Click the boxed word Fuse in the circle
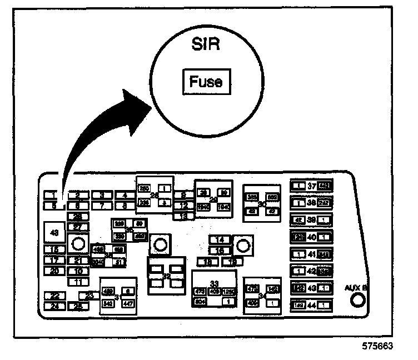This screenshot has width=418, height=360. click(206, 82)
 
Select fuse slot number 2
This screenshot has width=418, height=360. click(78, 195)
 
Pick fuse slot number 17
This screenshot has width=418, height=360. click(54, 260)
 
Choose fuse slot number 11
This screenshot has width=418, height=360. click(78, 281)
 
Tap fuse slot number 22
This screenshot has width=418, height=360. click(54, 296)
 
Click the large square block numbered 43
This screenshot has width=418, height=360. click(54, 233)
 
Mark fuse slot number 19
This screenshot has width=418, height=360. click(233, 261)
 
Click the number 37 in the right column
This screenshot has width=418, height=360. click(312, 186)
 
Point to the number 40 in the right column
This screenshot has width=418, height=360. click(312, 237)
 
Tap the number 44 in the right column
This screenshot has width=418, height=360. click(312, 305)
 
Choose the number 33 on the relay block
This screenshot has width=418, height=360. click(214, 283)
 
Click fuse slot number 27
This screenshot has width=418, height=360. click(78, 227)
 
